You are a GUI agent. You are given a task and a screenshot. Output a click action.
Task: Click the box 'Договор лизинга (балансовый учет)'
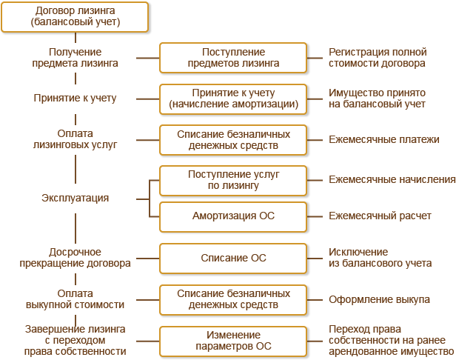(x=75, y=17)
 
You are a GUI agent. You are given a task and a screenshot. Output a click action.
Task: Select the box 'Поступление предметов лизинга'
(x=233, y=58)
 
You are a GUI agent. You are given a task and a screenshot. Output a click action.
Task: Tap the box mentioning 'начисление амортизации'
(x=233, y=99)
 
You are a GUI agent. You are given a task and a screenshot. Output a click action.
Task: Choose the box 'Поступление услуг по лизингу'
(x=233, y=180)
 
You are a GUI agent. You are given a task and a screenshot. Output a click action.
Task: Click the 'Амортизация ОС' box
(x=233, y=216)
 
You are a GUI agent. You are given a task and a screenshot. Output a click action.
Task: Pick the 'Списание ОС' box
(x=233, y=258)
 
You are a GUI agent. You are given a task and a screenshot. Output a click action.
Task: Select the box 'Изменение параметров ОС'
(x=233, y=340)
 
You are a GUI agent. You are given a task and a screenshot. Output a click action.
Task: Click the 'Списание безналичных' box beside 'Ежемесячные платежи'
(x=233, y=139)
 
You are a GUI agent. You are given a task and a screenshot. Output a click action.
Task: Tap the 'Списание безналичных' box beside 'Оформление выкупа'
(x=233, y=299)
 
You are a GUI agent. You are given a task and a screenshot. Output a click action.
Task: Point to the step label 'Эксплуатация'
(x=76, y=199)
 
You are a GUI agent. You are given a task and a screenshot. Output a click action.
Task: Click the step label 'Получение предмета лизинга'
(x=76, y=58)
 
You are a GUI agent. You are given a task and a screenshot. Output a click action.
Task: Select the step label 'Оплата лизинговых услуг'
(x=76, y=139)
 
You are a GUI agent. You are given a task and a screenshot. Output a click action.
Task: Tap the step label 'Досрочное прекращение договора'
(x=76, y=258)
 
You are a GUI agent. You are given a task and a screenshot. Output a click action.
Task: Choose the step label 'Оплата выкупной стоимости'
(x=76, y=299)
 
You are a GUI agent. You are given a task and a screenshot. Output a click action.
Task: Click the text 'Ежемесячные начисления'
(x=392, y=180)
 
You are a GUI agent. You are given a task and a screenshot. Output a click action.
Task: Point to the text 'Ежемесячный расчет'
(x=380, y=216)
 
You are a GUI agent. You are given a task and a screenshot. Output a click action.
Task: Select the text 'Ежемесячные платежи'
(x=384, y=139)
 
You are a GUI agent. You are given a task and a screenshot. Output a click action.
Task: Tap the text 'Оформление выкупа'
(x=379, y=299)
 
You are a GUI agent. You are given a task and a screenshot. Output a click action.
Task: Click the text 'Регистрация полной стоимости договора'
(x=378, y=58)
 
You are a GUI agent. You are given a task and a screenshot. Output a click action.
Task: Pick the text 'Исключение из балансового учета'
(x=381, y=258)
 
